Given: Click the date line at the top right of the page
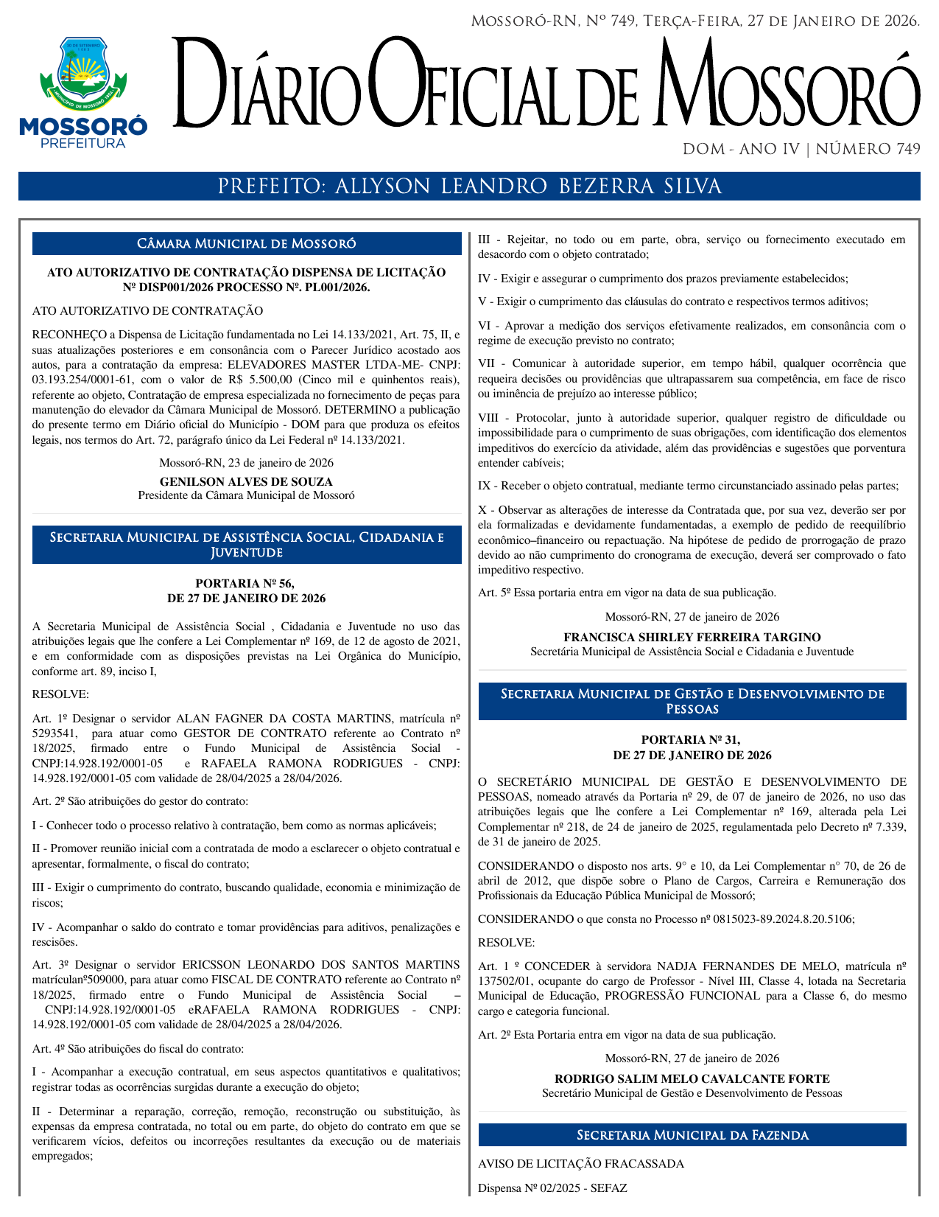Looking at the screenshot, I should tap(694, 21).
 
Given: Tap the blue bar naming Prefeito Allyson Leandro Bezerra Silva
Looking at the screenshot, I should tap(469, 186).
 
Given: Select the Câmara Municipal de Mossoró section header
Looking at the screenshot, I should tap(247, 244).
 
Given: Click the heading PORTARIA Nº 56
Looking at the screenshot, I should tap(246, 583).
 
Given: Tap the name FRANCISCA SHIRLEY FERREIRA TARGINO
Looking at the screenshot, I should tap(692, 637).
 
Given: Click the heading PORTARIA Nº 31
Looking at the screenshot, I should tap(692, 739).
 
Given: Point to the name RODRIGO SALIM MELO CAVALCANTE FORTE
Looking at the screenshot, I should tap(692, 1078).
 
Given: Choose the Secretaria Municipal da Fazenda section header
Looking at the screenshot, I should tap(692, 1135).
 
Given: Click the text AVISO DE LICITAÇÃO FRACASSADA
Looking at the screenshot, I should tap(580, 1164).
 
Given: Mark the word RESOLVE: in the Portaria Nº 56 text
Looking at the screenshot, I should tap(60, 694).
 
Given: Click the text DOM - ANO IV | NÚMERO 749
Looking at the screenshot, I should tap(801, 150).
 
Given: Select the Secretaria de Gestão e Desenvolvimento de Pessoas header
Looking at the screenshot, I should tap(692, 701).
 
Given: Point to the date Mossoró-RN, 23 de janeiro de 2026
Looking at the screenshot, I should tap(246, 463).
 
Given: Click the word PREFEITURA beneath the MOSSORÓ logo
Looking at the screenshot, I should tap(82, 143).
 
